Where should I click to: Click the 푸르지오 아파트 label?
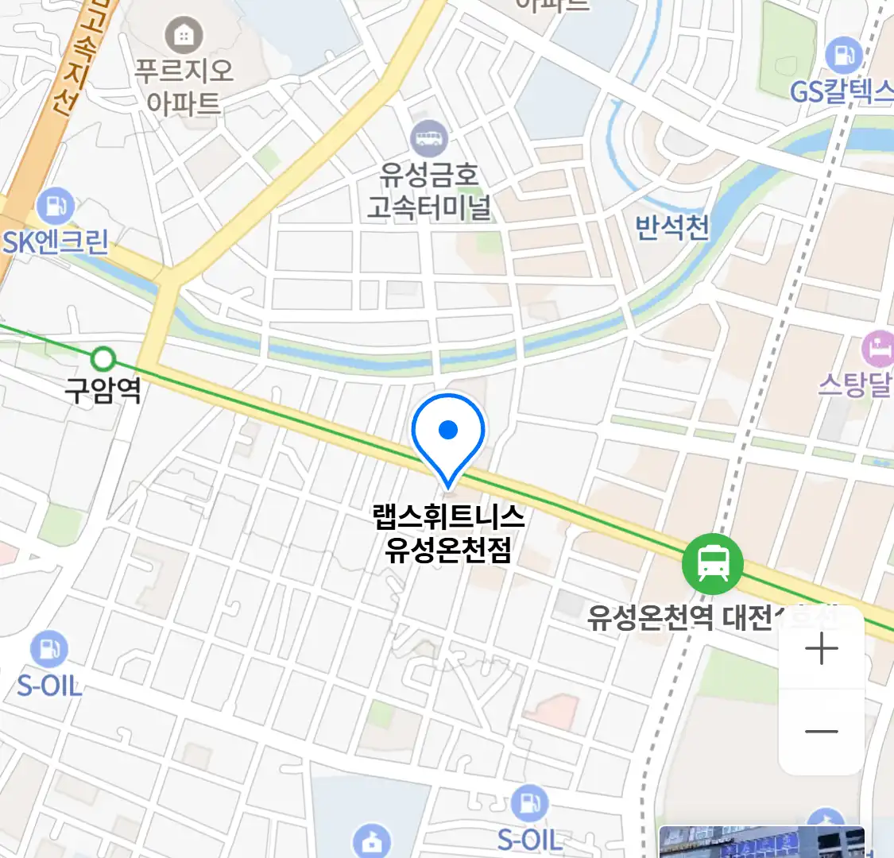point(184,87)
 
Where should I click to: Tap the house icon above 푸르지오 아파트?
point(184,36)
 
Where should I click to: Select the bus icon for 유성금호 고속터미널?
point(429,140)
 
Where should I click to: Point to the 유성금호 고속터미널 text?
point(429,191)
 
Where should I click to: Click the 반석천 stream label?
point(672,227)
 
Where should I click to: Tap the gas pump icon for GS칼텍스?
point(843,56)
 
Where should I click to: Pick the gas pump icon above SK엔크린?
point(55,207)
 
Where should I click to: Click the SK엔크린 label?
point(56,242)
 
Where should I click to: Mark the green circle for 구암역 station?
point(103,359)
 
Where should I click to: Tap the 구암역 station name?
point(103,390)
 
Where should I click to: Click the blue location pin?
point(448,433)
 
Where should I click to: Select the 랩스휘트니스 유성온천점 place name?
point(448,533)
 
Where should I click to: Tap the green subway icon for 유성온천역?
point(713,563)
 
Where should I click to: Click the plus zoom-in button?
point(822,649)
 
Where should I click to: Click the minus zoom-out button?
point(822,732)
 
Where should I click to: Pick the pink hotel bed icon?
point(878,349)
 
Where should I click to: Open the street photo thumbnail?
point(761,842)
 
